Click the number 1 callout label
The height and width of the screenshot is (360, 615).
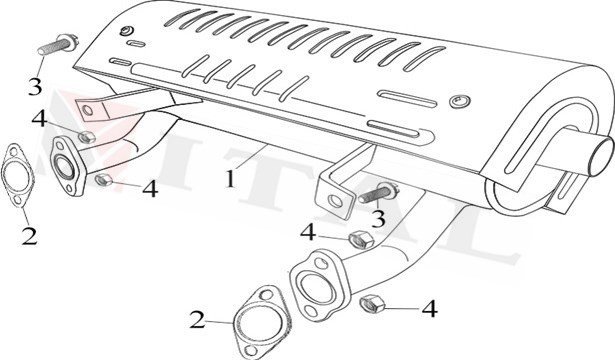[229, 181]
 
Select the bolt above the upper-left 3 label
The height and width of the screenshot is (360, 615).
[57, 44]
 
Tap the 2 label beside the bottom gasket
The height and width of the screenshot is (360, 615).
[198, 320]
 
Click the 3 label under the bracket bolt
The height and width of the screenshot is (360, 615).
[377, 217]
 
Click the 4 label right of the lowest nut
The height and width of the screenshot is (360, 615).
[429, 309]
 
